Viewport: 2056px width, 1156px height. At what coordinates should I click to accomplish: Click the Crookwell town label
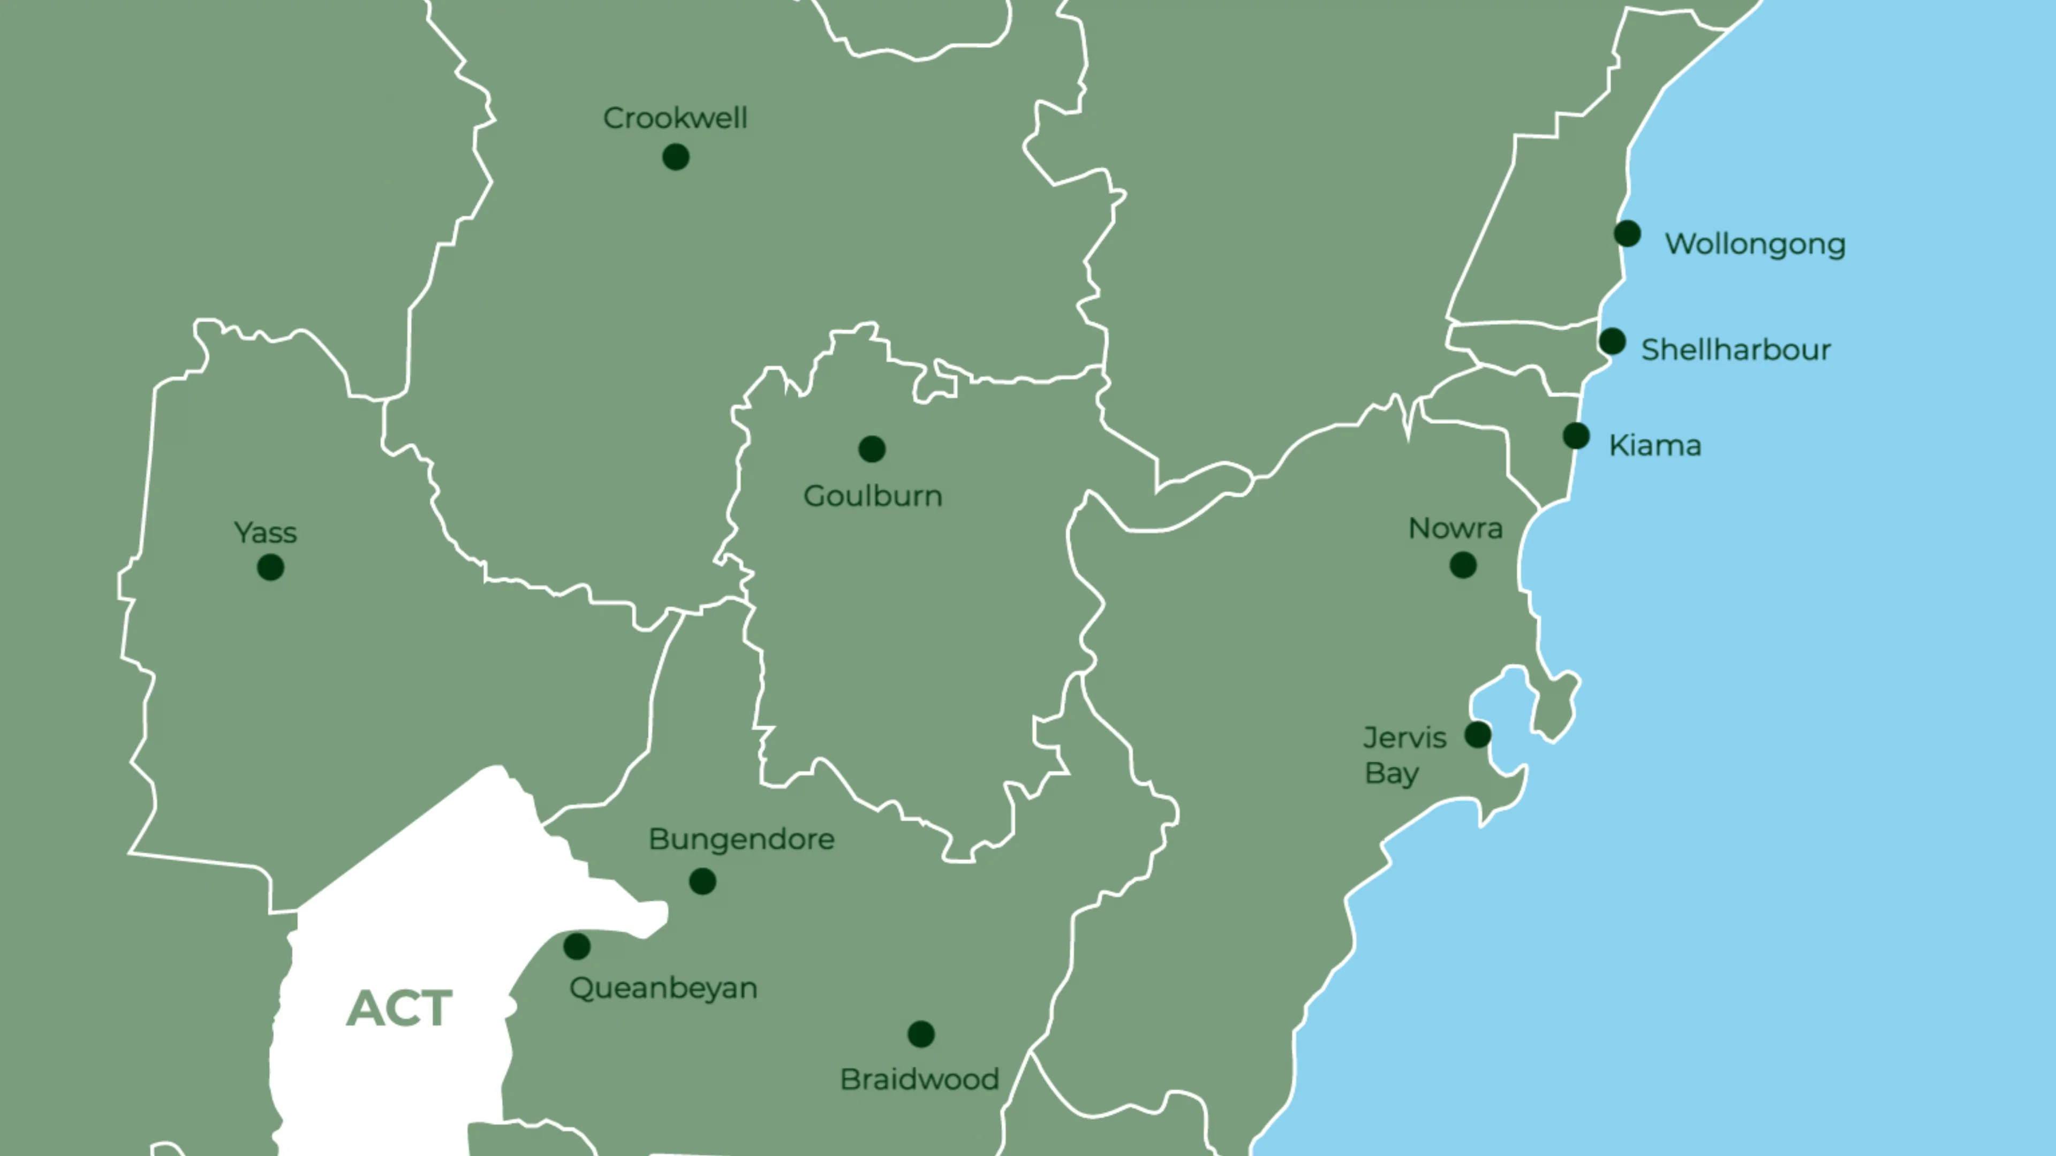[x=675, y=118]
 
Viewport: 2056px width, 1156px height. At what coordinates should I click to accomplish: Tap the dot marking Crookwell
[x=675, y=157]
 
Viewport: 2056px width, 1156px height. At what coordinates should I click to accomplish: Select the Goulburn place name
[x=872, y=496]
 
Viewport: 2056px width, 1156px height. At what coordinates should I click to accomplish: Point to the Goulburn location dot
[x=872, y=449]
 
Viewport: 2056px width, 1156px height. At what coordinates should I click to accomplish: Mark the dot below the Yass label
[x=270, y=567]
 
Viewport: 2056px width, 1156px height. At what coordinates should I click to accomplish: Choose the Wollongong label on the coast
[x=1755, y=244]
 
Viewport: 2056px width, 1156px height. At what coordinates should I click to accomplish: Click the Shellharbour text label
[x=1735, y=349]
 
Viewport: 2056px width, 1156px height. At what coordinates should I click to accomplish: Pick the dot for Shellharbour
[x=1612, y=341]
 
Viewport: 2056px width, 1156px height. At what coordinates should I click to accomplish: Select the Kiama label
[x=1654, y=445]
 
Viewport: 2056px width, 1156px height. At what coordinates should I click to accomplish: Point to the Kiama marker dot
[x=1576, y=436]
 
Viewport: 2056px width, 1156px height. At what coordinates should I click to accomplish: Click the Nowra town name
[x=1455, y=528]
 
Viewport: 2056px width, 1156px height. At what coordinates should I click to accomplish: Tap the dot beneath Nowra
[x=1462, y=566]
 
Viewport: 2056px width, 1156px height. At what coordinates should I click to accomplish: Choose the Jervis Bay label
[x=1404, y=755]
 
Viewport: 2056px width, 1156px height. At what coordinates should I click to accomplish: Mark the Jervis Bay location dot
[x=1477, y=734]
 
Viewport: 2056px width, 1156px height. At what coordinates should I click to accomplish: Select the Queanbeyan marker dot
[x=576, y=946]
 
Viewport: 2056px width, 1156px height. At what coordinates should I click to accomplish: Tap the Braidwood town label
[x=919, y=1079]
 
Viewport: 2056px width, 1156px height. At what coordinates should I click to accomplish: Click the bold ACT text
[x=399, y=1008]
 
